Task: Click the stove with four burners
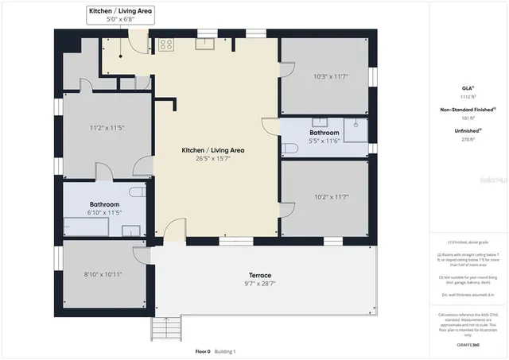click(x=166, y=45)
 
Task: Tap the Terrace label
click(x=249, y=275)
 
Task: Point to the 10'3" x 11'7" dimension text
click(x=331, y=77)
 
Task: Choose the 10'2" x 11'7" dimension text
click(x=331, y=196)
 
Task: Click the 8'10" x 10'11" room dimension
click(x=104, y=274)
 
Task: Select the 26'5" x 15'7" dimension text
click(x=213, y=158)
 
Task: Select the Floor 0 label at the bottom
click(x=203, y=351)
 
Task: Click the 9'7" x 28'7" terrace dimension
click(x=249, y=284)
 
